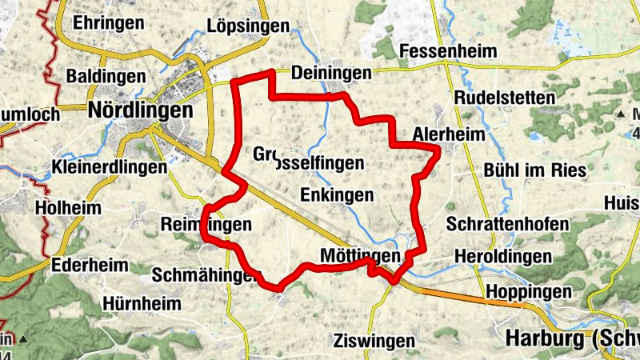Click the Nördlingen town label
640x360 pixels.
[142, 110]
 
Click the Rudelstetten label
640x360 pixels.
[504, 98]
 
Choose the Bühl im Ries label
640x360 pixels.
[535, 170]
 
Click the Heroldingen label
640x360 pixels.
[502, 257]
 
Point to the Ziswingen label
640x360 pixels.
[376, 341]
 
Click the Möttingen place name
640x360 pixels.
[359, 255]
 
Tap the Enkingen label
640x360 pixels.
[337, 194]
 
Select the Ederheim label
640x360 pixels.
[87, 266]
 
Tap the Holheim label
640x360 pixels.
[69, 208]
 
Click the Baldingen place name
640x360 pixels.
[106, 76]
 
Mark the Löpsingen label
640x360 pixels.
[247, 26]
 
